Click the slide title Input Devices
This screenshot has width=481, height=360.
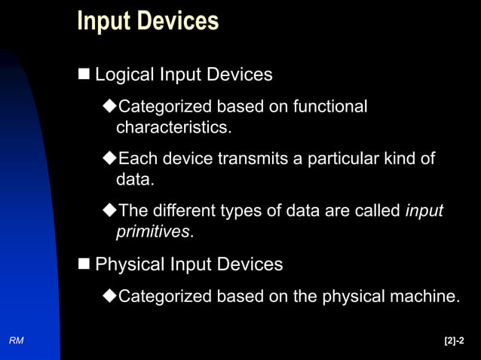pos(148,20)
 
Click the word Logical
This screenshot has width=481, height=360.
pos(124,75)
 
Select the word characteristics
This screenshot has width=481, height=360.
pos(173,127)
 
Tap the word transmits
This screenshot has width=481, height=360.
pos(255,159)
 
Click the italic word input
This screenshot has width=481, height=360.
pos(424,212)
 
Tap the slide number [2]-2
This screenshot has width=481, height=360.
pos(455,341)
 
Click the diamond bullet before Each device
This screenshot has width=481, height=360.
pos(109,160)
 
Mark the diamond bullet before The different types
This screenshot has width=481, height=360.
pos(109,212)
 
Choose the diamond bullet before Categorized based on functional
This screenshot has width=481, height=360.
pos(109,107)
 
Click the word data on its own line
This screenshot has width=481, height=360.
pos(133,180)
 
